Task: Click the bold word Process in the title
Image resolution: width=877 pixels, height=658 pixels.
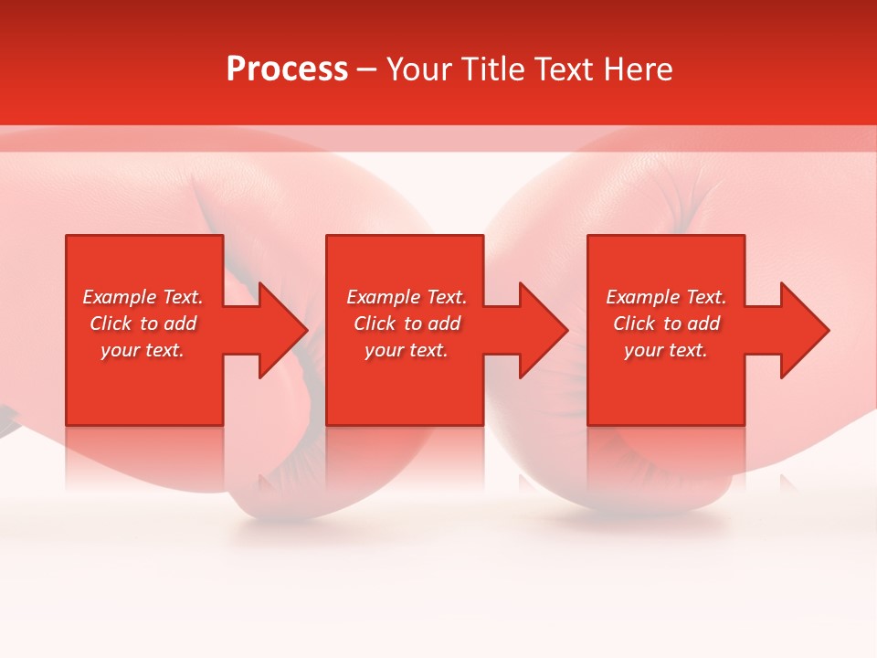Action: [x=287, y=69]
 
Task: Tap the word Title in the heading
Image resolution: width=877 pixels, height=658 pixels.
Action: [x=490, y=69]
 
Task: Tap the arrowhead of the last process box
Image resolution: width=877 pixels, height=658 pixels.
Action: [x=803, y=330]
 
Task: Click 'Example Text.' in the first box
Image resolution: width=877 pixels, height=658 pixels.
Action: [x=143, y=297]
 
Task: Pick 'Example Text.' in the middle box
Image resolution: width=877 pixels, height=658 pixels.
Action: [x=407, y=297]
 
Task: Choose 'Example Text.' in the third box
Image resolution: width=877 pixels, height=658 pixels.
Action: [x=666, y=297]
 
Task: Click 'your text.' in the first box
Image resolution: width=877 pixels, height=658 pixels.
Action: [x=143, y=350]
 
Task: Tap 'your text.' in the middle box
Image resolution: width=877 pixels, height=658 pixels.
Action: [x=407, y=350]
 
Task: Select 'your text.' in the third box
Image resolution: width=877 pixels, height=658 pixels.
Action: [x=666, y=350]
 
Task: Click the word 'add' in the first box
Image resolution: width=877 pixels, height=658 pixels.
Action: [x=179, y=324]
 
